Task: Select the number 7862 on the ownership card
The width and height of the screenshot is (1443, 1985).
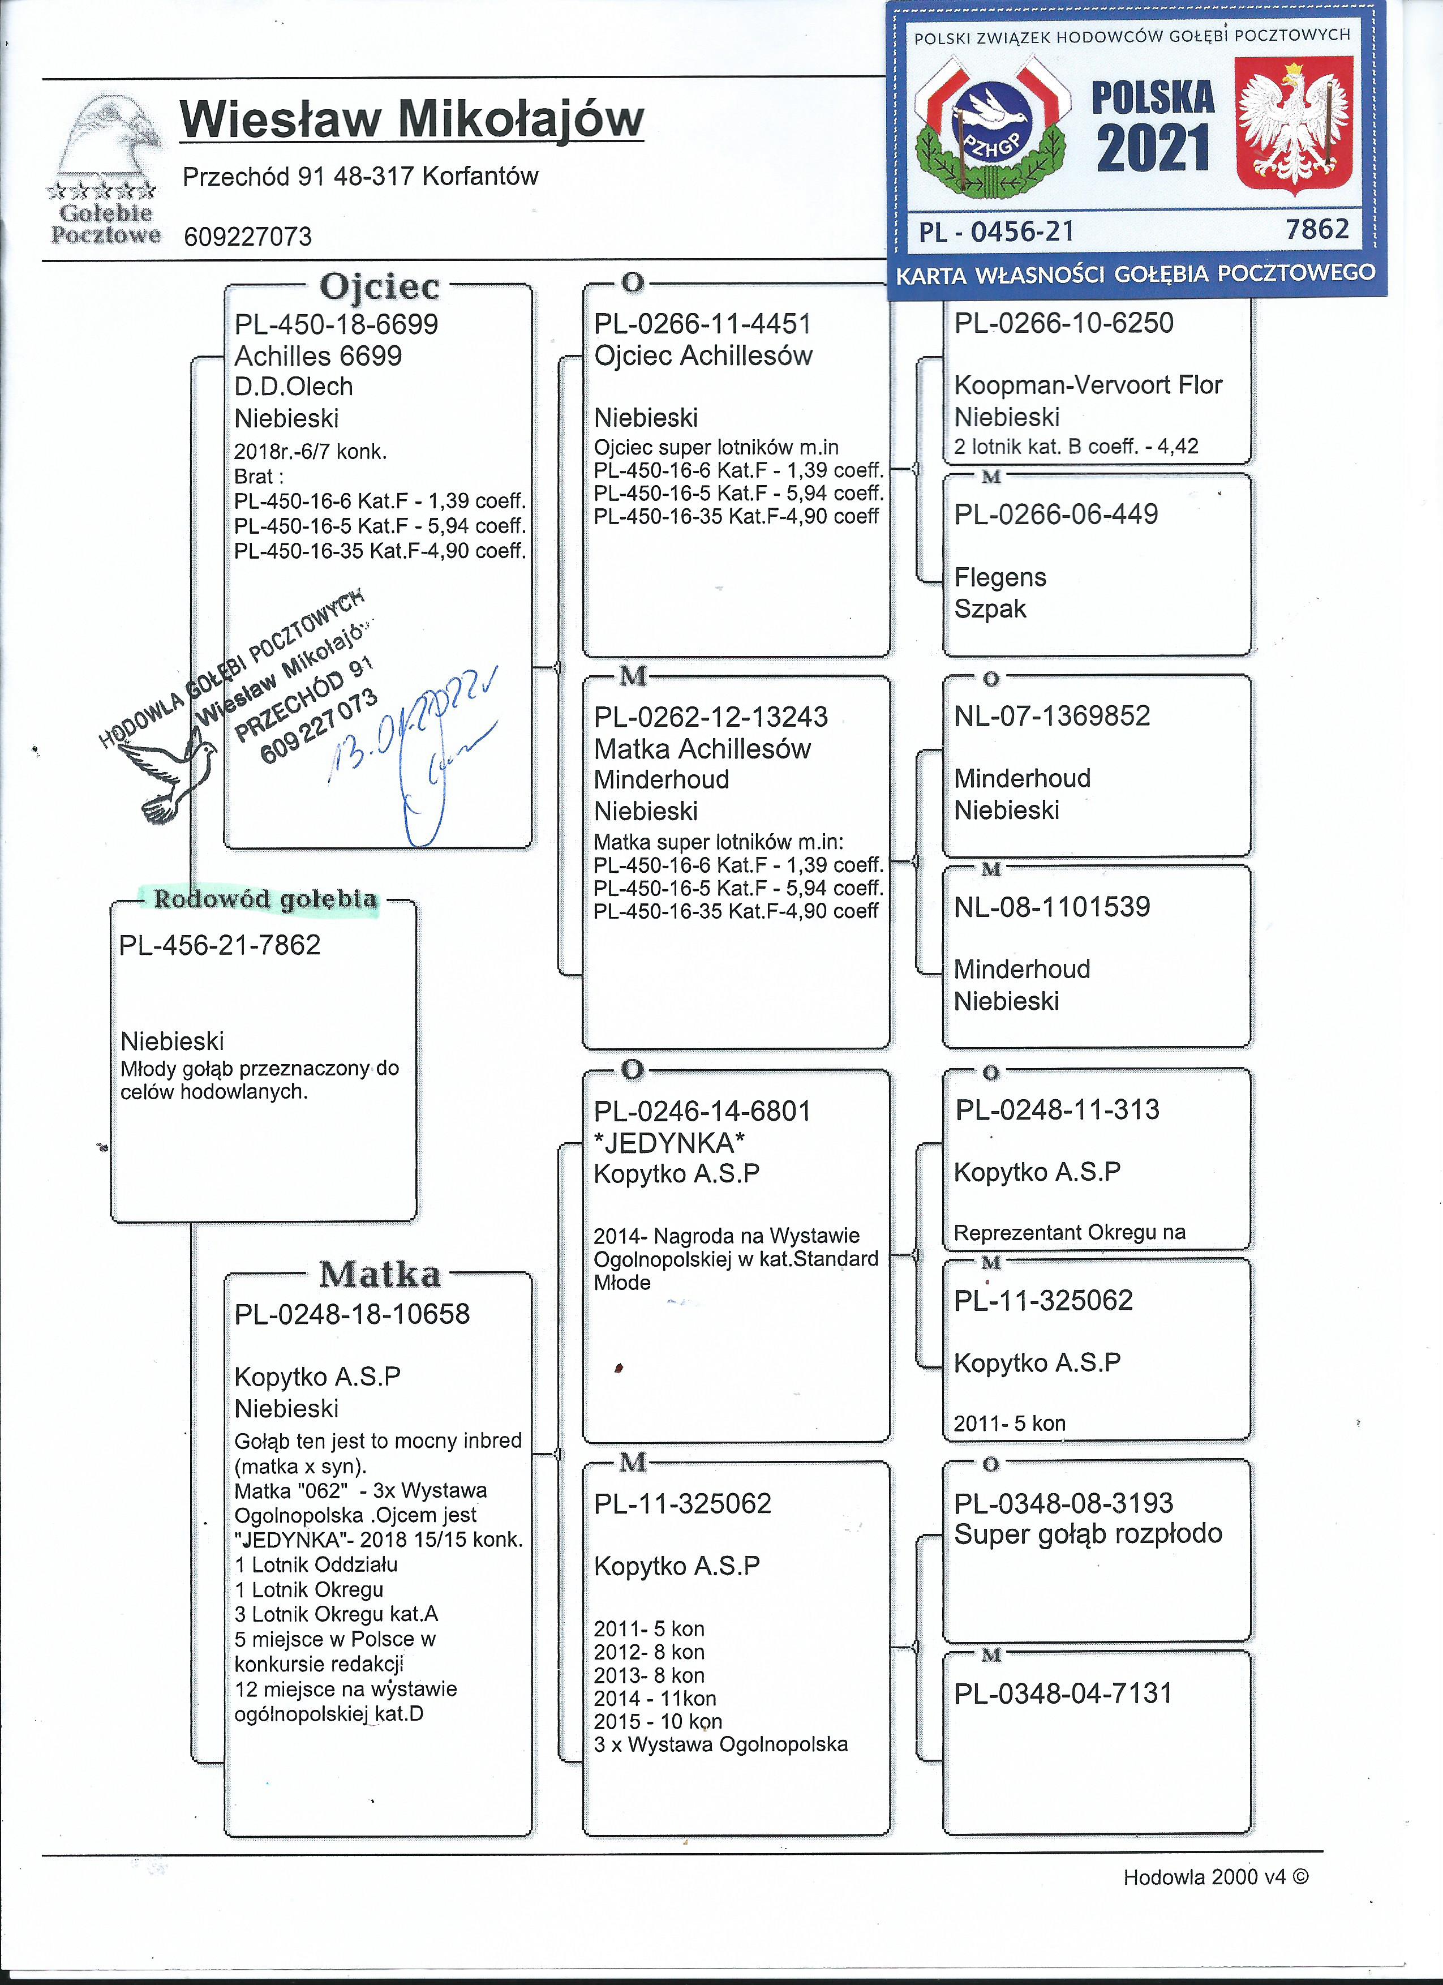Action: click(1317, 229)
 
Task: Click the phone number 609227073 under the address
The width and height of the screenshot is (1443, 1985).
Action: click(248, 237)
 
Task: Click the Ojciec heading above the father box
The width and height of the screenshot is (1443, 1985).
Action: click(379, 286)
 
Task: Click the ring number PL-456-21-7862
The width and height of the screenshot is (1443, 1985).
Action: click(221, 945)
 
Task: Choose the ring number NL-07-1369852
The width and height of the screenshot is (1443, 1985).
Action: click(1052, 716)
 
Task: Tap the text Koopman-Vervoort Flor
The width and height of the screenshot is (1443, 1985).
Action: click(1088, 385)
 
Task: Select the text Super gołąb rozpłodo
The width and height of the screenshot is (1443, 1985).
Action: click(1088, 1533)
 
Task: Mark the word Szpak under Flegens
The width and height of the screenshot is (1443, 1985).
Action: click(990, 609)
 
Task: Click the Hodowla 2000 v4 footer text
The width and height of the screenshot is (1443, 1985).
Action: click(1216, 1877)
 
